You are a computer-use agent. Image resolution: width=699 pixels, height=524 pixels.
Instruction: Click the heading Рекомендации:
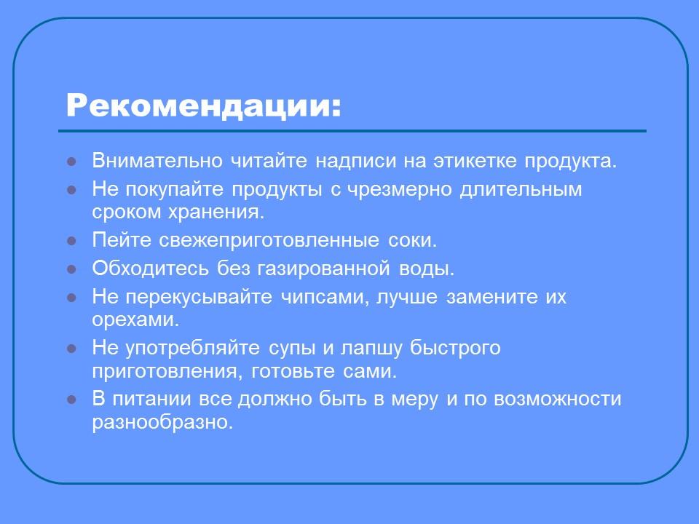click(x=203, y=106)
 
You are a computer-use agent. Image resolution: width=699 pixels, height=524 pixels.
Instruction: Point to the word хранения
click(x=226, y=212)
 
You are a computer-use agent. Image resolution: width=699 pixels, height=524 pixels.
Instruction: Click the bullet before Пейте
click(x=71, y=241)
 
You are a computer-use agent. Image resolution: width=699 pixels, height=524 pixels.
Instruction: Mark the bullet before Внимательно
click(x=71, y=162)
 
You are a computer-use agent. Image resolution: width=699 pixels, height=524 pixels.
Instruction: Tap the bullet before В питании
click(x=71, y=400)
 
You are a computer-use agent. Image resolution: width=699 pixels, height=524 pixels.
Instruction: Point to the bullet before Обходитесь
click(x=71, y=269)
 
